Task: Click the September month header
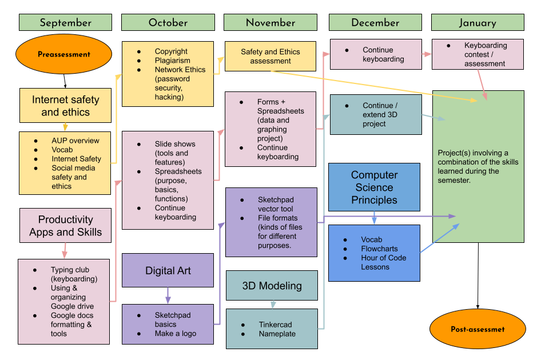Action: tap(65, 23)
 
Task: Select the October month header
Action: tap(168, 23)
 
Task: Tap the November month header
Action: tap(270, 23)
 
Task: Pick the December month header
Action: tap(375, 23)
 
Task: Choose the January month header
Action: tap(478, 23)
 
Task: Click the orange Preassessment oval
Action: tap(64, 55)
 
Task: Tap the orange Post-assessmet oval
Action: tap(478, 329)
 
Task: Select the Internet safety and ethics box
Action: tap(65, 106)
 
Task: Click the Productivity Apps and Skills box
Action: tap(65, 226)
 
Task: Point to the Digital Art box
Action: tap(168, 271)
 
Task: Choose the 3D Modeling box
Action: tap(272, 286)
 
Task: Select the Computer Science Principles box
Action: tap(374, 187)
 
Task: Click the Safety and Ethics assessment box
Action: tap(270, 56)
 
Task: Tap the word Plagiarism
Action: tap(172, 61)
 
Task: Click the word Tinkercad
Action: tap(275, 325)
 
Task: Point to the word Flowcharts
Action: tap(379, 249)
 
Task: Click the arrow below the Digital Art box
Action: tap(168, 295)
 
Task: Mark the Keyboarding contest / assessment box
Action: tap(478, 54)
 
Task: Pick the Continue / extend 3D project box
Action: tap(375, 115)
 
